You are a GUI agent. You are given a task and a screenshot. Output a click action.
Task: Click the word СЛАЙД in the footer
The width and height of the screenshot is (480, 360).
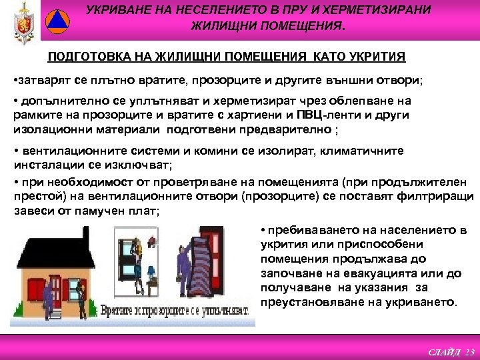(446, 352)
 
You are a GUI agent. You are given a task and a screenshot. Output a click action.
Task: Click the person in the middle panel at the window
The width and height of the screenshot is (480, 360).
(141, 257)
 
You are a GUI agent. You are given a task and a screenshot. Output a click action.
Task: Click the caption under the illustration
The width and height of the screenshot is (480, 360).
(180, 311)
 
